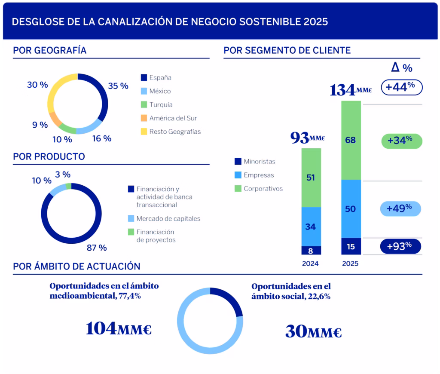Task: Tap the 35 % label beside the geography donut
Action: point(118,86)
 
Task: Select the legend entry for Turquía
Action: point(161,104)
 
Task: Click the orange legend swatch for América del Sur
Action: point(144,118)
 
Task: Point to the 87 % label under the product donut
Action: point(96,248)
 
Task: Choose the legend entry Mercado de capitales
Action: point(168,219)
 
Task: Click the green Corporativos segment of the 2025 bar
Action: point(351,140)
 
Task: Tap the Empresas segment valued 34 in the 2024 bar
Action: point(311,226)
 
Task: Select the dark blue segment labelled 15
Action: point(351,246)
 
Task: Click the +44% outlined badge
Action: point(402,87)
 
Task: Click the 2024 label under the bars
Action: point(311,264)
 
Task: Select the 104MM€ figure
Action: point(119,328)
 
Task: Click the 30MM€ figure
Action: point(313,331)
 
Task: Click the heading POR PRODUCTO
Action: point(49,157)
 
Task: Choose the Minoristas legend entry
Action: point(259,162)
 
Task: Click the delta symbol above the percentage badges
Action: point(396,67)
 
